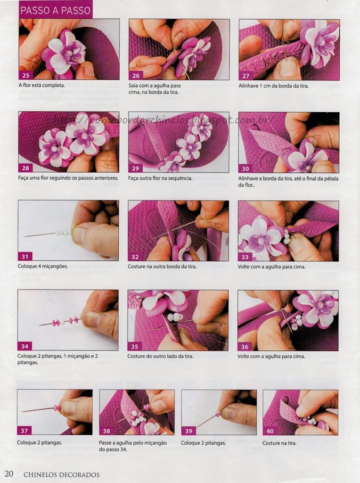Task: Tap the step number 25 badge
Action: pos(26,75)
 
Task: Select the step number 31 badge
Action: pos(25,257)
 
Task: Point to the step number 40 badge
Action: pos(270,431)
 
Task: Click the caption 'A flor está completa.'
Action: pos(42,85)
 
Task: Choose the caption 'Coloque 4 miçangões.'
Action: pos(43,266)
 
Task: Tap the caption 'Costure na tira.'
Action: pos(279,443)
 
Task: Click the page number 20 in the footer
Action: pos(9,474)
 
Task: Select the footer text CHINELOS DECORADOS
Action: pos(62,475)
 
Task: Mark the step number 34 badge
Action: pos(25,346)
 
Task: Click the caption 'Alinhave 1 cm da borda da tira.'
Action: pos(274,86)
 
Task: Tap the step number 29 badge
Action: pos(135,168)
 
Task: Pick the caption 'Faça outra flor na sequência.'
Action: pos(160,178)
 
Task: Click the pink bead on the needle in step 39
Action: pos(218,414)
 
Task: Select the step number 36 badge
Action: pos(245,347)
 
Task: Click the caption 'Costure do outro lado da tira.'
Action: pos(161,356)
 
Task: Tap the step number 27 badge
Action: pos(246,76)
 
